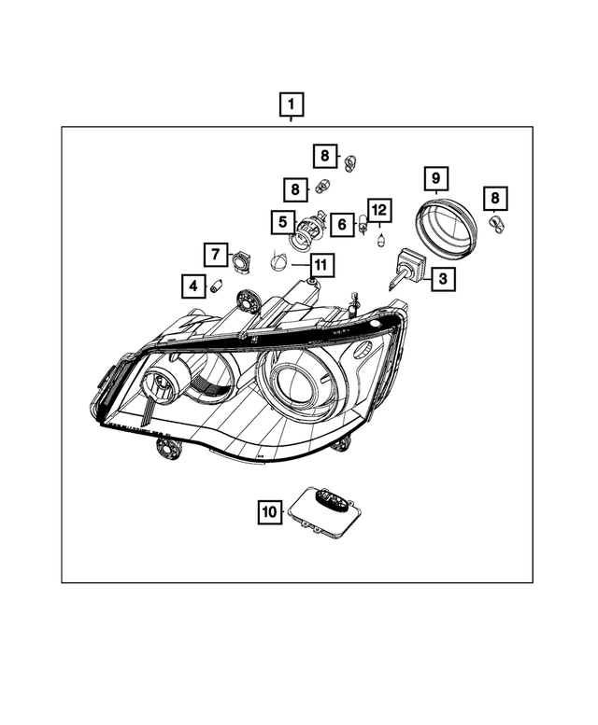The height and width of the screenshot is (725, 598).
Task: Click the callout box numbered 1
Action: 292,105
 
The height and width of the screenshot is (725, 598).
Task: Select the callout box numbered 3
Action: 441,277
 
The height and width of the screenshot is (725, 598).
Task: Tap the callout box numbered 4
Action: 193,285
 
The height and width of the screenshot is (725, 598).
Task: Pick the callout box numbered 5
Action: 280,222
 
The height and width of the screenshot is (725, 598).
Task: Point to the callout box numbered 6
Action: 341,224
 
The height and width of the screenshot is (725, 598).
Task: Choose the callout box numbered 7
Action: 215,254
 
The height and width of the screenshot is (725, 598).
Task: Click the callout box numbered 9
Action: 434,176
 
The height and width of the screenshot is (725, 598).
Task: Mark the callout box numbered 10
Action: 269,511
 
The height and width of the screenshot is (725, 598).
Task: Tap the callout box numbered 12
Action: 377,210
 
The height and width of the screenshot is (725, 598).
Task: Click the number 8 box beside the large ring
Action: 493,198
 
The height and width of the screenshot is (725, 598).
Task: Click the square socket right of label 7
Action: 240,260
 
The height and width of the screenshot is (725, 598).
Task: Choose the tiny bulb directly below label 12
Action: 380,241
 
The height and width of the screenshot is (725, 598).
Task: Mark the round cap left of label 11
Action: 279,263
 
